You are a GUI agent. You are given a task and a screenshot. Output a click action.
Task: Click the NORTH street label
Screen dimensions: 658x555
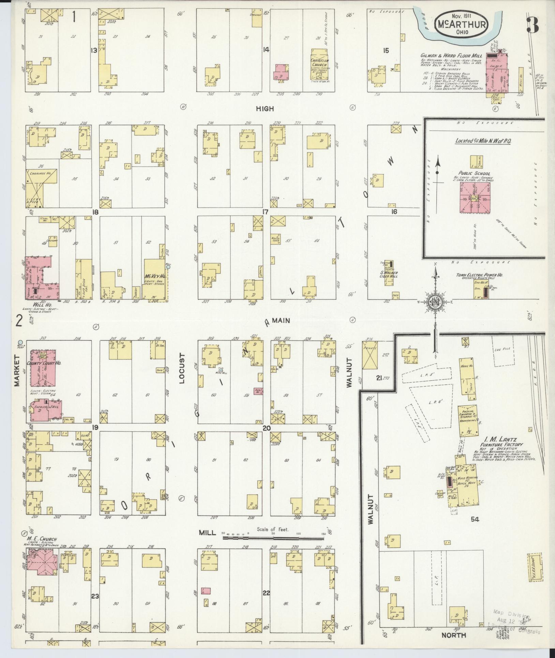click(453, 635)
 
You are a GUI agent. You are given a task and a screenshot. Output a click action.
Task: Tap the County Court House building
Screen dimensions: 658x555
click(43, 367)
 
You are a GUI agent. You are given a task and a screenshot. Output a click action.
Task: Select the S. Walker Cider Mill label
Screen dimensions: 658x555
click(389, 275)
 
